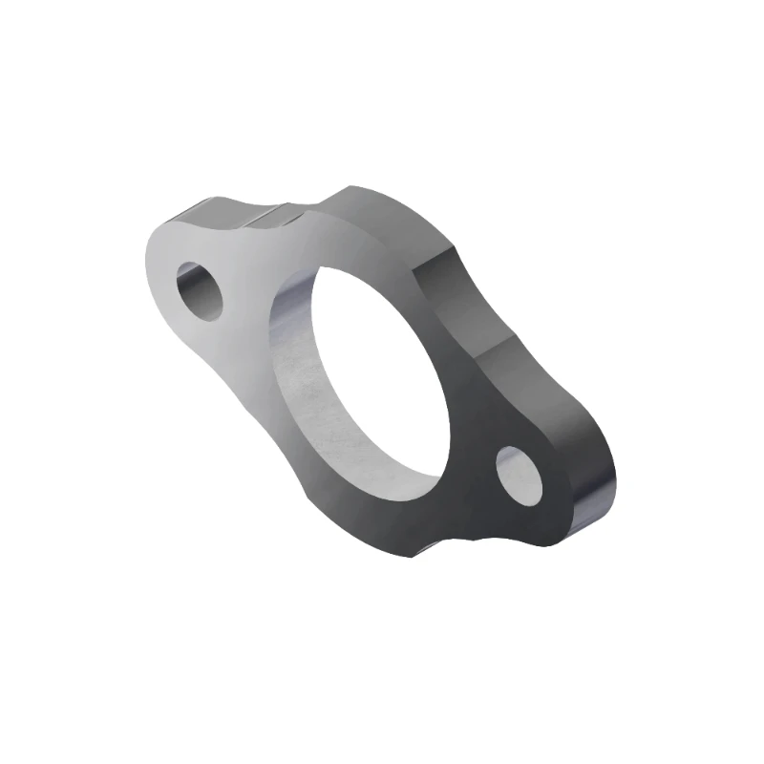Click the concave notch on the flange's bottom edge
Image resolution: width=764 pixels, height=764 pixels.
click(x=449, y=544)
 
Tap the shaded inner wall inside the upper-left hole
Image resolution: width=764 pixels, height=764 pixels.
click(x=191, y=282)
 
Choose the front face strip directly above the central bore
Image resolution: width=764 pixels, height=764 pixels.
click(x=325, y=244)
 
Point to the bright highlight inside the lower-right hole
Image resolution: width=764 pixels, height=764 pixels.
click(x=516, y=466)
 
